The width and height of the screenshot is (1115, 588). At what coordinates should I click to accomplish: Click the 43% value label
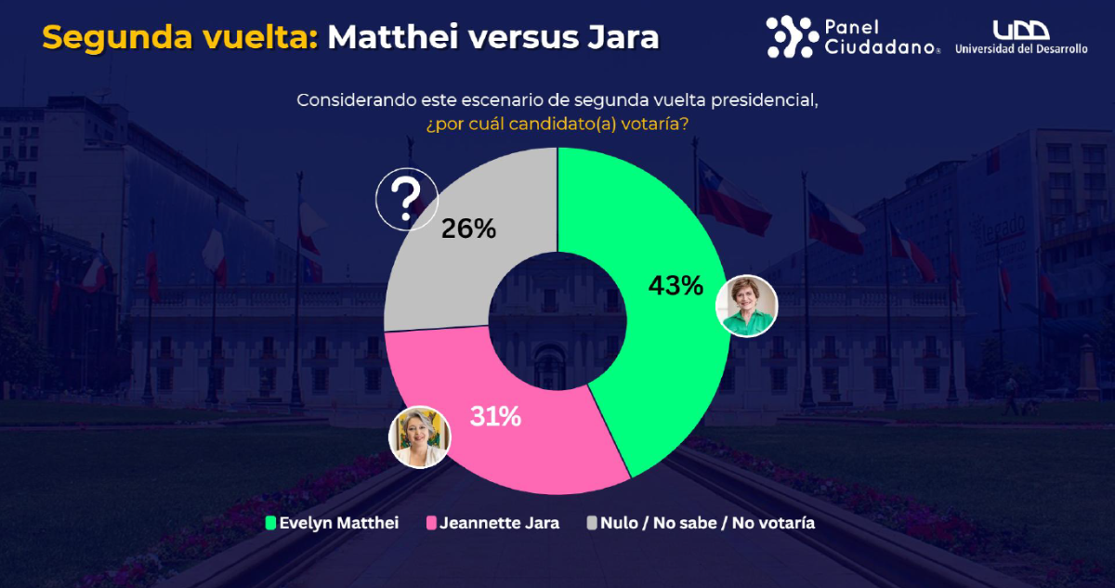point(675,285)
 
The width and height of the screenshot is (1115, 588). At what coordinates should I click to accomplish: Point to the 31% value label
point(494,417)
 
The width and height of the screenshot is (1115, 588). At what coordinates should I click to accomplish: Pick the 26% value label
point(468,228)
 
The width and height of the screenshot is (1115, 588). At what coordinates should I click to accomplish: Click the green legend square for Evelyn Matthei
point(270,523)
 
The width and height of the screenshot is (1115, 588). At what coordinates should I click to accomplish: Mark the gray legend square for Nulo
point(591,523)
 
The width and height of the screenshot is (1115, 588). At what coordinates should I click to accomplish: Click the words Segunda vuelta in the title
point(180,37)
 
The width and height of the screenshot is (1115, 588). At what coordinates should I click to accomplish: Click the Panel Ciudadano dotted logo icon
point(792,37)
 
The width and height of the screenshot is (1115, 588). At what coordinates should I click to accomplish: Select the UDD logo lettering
point(1019,30)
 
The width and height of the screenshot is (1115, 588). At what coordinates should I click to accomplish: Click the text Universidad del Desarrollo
point(1020,49)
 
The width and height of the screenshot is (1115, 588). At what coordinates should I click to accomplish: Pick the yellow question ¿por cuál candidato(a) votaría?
point(557,123)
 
